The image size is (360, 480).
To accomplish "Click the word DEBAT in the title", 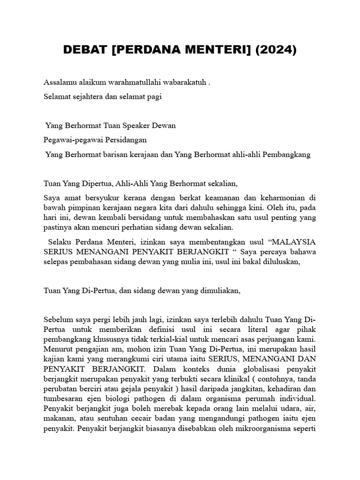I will tap(86, 50).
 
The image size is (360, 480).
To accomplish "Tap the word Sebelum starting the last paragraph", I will tap(58, 319).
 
